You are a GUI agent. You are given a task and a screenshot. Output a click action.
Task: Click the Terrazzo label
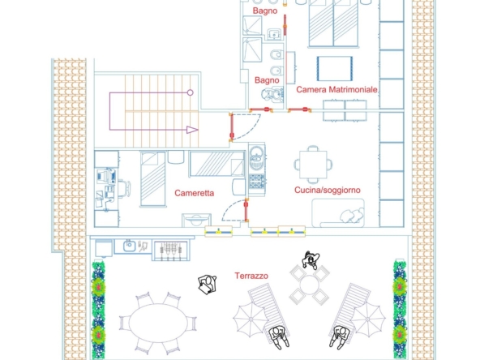(x=251, y=276)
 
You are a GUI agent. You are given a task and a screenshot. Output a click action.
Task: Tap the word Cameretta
(x=194, y=193)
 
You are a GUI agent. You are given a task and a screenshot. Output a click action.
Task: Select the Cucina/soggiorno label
(x=328, y=190)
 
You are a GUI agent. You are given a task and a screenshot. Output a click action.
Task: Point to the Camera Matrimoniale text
(x=336, y=90)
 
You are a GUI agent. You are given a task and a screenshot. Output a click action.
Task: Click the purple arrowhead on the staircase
(x=192, y=130)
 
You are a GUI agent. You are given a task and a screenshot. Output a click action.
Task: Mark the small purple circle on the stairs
(x=190, y=92)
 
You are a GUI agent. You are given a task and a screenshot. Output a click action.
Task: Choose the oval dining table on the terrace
(x=158, y=323)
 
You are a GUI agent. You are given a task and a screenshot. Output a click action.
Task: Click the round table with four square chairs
(x=310, y=285)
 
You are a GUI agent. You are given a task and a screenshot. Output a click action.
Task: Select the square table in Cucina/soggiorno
(x=313, y=165)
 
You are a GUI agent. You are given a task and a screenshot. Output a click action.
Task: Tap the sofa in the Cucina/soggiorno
(x=338, y=213)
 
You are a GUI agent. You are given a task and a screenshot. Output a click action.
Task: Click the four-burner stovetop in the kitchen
(x=257, y=181)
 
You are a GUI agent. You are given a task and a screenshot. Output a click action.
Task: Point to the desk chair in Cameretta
(x=124, y=187)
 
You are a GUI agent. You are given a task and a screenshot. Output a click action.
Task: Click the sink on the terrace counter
(x=130, y=246)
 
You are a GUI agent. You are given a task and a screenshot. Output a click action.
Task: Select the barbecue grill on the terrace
(x=170, y=251)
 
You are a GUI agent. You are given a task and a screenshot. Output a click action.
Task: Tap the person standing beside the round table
(x=311, y=259)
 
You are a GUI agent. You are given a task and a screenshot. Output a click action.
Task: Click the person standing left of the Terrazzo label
(x=208, y=285)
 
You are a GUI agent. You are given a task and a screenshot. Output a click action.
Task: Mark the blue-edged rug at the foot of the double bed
(x=335, y=69)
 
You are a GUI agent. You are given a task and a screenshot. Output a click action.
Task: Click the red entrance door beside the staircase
(x=232, y=126)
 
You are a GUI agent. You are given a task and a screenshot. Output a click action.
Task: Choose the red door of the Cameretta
(x=246, y=210)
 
